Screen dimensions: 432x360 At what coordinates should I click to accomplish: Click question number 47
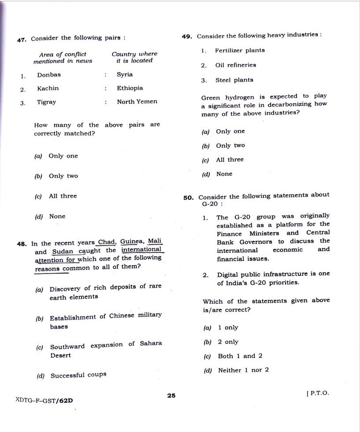click(x=21, y=40)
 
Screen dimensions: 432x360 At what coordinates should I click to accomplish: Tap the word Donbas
click(x=49, y=75)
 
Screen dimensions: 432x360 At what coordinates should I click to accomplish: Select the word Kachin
click(x=48, y=88)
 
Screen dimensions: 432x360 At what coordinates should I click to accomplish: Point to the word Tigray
click(x=47, y=102)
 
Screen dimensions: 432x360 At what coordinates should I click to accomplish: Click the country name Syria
click(x=125, y=75)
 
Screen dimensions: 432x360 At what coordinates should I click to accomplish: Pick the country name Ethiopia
click(x=130, y=88)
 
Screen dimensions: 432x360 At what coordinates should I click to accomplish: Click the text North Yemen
click(x=137, y=102)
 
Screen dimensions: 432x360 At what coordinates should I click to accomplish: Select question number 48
click(x=21, y=244)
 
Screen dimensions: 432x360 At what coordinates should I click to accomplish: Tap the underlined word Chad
click(x=107, y=242)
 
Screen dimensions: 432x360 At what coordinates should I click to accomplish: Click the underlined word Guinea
click(x=132, y=241)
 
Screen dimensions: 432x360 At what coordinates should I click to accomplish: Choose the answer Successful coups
click(x=78, y=375)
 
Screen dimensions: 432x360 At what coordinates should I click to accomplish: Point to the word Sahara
click(x=151, y=344)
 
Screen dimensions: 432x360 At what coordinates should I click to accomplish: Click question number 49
click(x=187, y=36)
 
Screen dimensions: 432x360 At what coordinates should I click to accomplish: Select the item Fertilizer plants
click(x=240, y=50)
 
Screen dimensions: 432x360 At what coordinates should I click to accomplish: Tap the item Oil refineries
click(x=235, y=65)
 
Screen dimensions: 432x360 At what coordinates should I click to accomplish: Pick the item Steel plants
click(x=234, y=80)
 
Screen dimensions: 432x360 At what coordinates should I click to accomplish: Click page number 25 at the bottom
click(x=171, y=396)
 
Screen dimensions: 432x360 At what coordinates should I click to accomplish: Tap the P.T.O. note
click(x=318, y=393)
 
